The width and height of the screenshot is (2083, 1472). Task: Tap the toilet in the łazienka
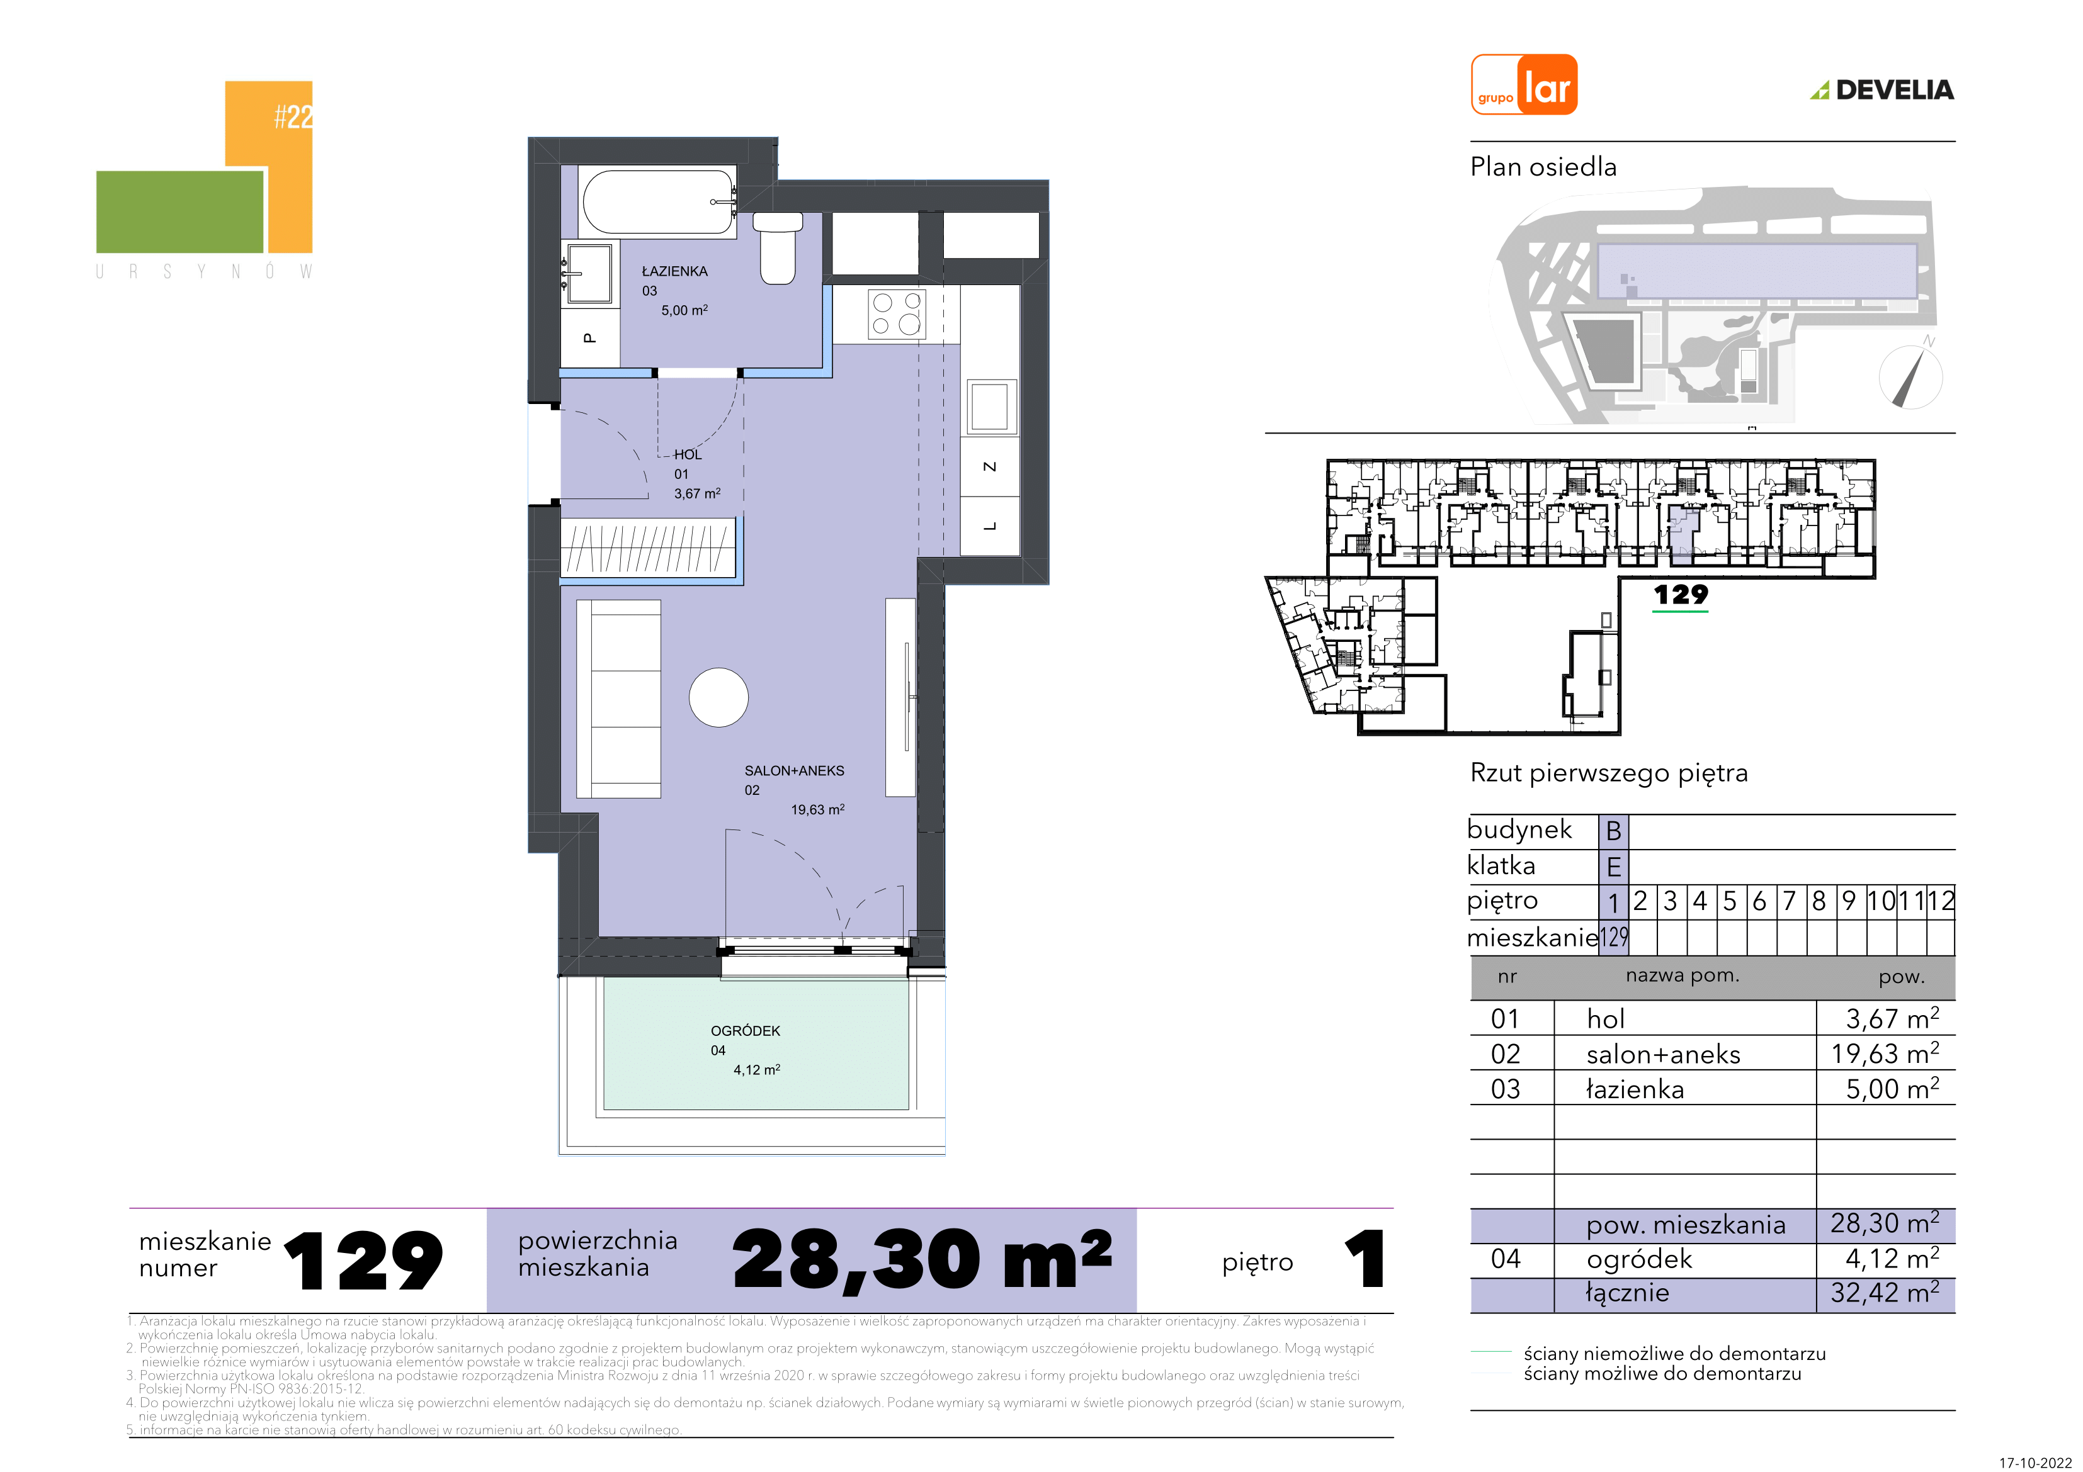pos(778,247)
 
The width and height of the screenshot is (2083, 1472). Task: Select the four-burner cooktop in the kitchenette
pos(896,314)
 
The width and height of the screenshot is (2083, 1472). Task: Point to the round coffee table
pos(718,697)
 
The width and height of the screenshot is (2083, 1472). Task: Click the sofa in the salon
pos(619,699)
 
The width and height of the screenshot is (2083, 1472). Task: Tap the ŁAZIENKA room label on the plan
pos(674,271)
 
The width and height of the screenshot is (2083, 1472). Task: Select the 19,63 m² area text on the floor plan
pos(817,809)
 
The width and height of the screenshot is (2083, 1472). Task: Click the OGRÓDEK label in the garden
pos(745,1030)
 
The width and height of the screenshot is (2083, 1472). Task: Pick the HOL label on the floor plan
pos(688,454)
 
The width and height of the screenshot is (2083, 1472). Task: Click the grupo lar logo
pos(1524,85)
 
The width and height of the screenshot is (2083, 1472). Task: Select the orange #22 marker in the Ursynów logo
pos(293,116)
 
